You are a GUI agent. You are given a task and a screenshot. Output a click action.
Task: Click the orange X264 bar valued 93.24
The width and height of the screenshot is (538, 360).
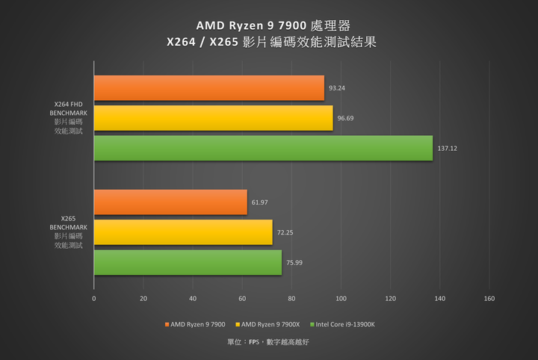(x=209, y=88)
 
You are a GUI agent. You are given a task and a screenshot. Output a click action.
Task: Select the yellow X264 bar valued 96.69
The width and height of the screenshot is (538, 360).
(x=213, y=118)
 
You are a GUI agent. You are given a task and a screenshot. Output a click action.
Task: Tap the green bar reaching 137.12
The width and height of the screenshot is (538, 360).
(x=263, y=148)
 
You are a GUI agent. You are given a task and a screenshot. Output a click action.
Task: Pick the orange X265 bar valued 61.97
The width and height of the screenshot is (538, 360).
(x=170, y=202)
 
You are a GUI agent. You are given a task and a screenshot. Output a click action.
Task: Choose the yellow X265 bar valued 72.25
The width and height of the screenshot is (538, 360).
(x=183, y=232)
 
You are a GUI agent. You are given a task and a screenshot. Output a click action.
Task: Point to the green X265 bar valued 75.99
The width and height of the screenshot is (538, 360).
(x=188, y=262)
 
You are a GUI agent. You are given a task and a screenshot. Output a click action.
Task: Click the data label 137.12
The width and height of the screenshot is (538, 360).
(x=449, y=148)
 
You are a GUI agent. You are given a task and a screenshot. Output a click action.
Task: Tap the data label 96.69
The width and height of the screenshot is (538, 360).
(x=346, y=118)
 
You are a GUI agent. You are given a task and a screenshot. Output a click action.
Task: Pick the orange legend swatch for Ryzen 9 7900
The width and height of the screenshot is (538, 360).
(x=166, y=325)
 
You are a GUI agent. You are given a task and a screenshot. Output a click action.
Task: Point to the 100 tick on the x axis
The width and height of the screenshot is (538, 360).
(x=341, y=299)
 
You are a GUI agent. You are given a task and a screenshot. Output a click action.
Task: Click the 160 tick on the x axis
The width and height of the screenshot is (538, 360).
(x=489, y=299)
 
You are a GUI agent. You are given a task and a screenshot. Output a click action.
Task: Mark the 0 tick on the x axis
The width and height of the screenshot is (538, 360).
(x=94, y=299)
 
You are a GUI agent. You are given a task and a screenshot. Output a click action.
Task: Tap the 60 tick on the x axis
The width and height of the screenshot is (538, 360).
(x=242, y=299)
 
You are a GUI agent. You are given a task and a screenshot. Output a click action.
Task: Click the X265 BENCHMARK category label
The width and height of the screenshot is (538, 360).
(x=69, y=232)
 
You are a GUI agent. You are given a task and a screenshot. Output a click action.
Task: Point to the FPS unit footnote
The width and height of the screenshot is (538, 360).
(x=268, y=342)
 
